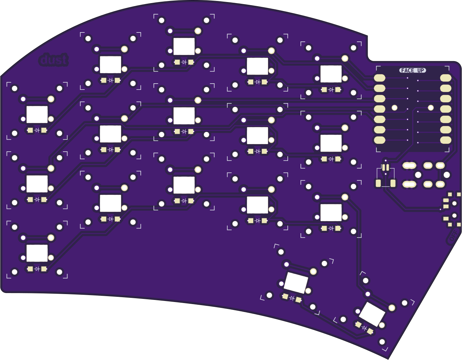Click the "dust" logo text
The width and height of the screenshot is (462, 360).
click(x=54, y=60)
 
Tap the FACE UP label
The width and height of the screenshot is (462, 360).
click(x=413, y=70)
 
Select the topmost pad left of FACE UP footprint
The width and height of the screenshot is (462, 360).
click(x=380, y=78)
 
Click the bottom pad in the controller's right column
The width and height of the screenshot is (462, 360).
click(x=446, y=140)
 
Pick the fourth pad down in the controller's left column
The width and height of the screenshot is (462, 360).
click(x=380, y=109)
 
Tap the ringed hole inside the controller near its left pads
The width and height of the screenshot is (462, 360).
click(x=395, y=108)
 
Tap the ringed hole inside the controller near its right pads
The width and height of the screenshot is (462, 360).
click(x=431, y=108)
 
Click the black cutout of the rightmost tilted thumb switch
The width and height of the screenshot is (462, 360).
click(x=372, y=314)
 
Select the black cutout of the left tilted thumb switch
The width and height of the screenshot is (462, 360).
click(x=296, y=282)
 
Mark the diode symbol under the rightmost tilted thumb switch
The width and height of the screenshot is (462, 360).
click(x=364, y=328)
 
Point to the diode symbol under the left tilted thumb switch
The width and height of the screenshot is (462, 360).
click(x=292, y=298)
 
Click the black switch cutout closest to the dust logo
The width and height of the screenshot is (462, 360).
click(x=111, y=65)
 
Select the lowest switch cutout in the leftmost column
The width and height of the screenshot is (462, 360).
click(x=37, y=253)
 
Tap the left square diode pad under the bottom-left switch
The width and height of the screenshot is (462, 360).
click(x=30, y=269)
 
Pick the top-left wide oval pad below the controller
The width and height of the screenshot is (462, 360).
click(x=409, y=166)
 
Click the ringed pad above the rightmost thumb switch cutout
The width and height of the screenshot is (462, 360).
click(x=392, y=308)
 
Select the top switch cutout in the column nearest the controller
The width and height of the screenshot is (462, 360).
click(x=331, y=74)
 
